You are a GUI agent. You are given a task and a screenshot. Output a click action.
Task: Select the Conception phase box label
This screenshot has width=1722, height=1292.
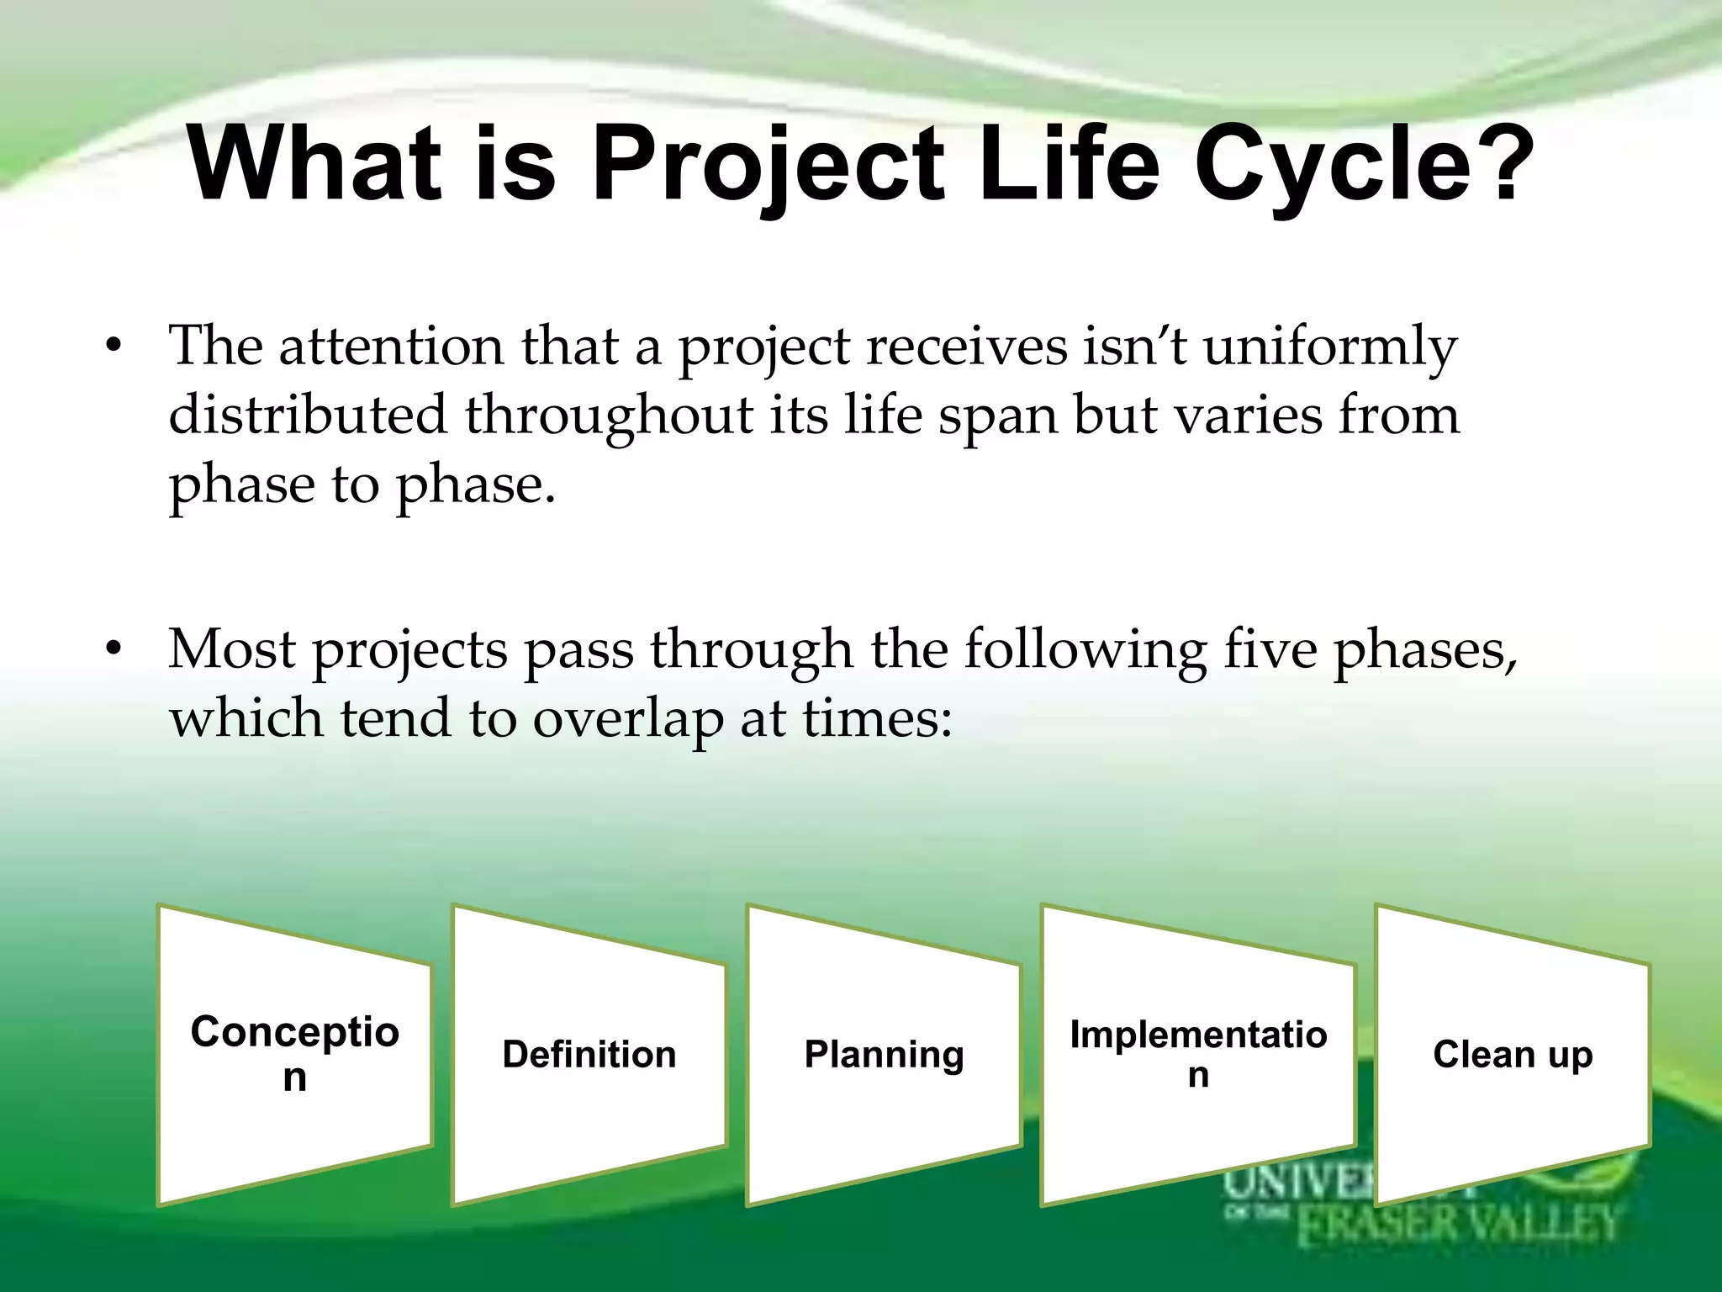click(x=294, y=1053)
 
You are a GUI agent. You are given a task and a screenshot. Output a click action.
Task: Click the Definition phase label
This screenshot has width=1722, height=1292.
click(x=589, y=1054)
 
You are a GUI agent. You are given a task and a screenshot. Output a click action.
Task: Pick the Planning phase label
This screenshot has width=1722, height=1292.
click(x=884, y=1054)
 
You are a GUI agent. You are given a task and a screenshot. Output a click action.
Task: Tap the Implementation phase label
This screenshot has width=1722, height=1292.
click(x=1198, y=1053)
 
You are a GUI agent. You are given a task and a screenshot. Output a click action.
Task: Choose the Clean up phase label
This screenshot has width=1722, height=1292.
click(x=1513, y=1054)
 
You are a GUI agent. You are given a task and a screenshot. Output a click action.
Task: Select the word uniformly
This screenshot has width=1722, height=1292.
click(x=1330, y=348)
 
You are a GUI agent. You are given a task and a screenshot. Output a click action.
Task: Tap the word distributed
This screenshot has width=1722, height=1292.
click(x=308, y=416)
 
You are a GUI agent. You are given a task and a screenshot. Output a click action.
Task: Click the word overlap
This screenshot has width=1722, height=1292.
click(x=627, y=720)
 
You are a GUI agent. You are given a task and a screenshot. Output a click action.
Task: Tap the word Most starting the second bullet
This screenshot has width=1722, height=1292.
click(x=232, y=649)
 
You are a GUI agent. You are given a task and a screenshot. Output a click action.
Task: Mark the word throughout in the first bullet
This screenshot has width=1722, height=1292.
click(x=609, y=417)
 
